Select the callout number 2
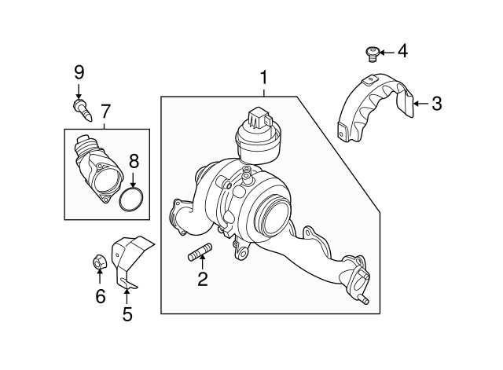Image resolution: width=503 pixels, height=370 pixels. (x=202, y=279)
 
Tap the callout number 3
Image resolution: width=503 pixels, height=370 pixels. (x=437, y=102)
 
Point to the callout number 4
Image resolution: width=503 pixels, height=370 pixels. (x=402, y=52)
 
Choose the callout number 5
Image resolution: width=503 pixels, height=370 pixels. (x=127, y=314)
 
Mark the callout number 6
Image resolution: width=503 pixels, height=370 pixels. (x=100, y=296)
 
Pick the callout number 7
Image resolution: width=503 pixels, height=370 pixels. (x=105, y=111)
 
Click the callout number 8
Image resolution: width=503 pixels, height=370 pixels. (x=134, y=162)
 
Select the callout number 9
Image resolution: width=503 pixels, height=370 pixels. (x=79, y=72)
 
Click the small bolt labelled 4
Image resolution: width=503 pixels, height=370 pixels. (x=373, y=53)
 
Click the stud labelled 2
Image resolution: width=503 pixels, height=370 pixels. (x=200, y=253)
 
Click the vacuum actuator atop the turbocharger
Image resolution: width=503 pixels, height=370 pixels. (x=257, y=141)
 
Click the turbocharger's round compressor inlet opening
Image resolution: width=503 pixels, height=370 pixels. (x=275, y=212)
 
